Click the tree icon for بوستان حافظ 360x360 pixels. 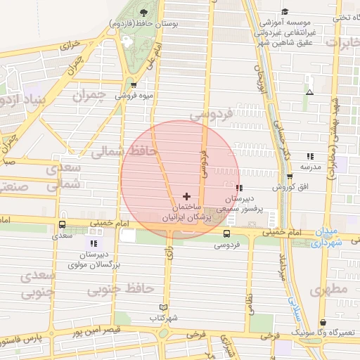(144, 13)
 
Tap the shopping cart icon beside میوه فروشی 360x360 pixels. (134, 86)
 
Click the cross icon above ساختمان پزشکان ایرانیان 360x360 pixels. (186, 196)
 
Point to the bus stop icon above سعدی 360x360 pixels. (63, 225)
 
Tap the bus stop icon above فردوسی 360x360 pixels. (226, 233)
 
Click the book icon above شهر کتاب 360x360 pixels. (164, 307)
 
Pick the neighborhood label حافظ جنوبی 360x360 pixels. (120, 288)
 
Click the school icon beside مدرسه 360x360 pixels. (310, 156)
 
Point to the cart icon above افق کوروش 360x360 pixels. (290, 176)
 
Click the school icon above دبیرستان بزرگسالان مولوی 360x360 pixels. (94, 243)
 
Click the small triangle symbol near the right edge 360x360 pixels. (309, 92)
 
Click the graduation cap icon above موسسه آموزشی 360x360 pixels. (285, 11)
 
